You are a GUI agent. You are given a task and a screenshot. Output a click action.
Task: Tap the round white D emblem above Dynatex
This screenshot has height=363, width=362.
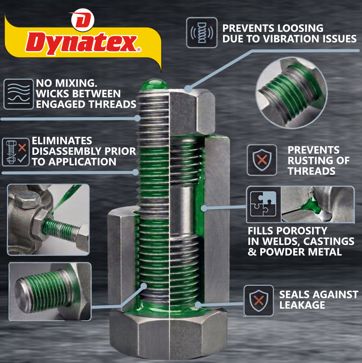[x=83, y=20]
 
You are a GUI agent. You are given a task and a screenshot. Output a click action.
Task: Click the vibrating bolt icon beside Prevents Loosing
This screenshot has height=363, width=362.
[x=202, y=33]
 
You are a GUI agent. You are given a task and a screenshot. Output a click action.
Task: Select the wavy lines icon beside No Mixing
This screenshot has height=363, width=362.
[x=19, y=94]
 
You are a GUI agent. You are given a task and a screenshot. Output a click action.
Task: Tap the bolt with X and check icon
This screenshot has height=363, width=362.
[x=16, y=152]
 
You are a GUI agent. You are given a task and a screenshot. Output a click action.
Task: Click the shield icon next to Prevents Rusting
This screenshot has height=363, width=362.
[x=262, y=160]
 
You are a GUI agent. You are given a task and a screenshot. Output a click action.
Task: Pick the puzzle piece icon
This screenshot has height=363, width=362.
[x=263, y=204]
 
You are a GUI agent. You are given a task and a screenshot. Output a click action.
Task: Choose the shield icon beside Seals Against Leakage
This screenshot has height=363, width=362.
[x=259, y=301]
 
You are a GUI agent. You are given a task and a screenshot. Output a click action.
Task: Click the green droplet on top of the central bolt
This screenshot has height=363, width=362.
[x=155, y=84]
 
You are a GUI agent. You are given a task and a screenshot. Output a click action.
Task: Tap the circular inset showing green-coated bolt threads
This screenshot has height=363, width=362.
[x=291, y=93]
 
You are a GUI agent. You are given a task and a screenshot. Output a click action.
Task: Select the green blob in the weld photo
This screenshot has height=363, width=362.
[x=312, y=205]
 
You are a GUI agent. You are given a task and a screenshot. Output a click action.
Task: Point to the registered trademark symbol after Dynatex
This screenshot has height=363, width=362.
[x=139, y=49]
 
